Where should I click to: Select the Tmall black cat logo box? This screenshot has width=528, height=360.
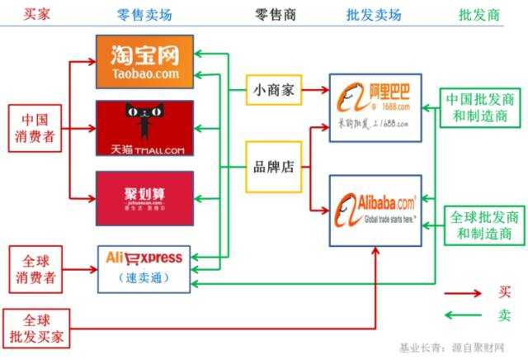point(144,128)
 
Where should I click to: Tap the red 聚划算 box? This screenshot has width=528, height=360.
point(144,198)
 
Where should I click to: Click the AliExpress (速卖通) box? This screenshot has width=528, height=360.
point(144,268)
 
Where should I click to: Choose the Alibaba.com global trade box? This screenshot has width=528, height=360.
point(375,210)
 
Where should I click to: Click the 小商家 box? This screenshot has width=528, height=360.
point(273,90)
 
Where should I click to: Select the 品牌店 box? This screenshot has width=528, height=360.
point(273,166)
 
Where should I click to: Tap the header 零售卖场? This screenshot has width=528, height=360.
point(144,14)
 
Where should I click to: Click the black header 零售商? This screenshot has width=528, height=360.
point(272,14)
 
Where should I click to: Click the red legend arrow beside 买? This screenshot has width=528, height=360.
point(463,291)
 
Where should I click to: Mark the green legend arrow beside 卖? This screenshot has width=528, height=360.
point(463,315)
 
